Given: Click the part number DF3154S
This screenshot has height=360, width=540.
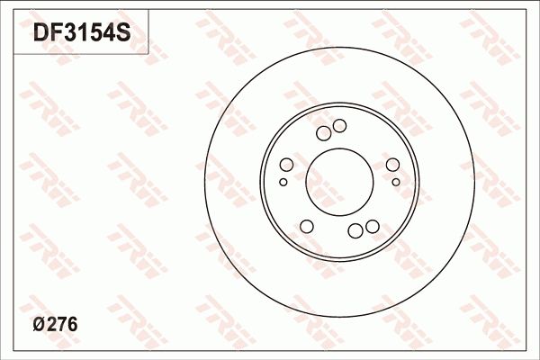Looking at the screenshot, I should [x=82, y=34].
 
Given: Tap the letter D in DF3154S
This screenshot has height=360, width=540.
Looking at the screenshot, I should [x=41, y=34].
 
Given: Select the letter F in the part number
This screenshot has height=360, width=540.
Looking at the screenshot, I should [x=56, y=34].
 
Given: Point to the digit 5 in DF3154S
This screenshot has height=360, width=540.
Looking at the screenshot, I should [x=95, y=34].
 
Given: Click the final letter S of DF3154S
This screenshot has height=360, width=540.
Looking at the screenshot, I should [x=123, y=34].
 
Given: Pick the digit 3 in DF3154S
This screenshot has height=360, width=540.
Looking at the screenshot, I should [x=69, y=34].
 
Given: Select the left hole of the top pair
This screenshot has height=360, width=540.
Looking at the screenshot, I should [x=324, y=133].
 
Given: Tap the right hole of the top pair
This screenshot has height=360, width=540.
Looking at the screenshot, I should [x=339, y=126].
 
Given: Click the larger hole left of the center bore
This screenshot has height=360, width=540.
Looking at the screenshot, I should [x=286, y=165].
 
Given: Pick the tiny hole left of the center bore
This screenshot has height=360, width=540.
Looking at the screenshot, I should [x=283, y=182].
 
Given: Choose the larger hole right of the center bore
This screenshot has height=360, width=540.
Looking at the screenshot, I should [x=392, y=165].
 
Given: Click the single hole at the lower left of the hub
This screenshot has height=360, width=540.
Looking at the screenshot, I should [x=306, y=225].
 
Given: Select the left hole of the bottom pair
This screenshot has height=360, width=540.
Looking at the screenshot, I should [x=355, y=231].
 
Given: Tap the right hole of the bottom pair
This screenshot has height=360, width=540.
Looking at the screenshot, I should [x=372, y=225].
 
